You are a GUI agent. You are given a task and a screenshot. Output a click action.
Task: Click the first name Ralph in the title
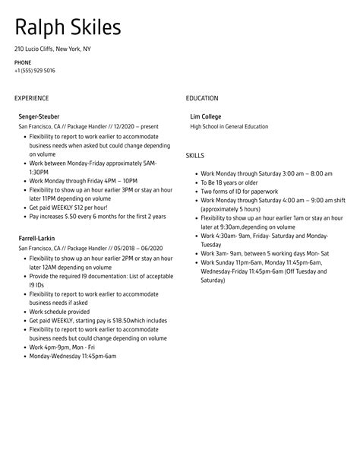pyautogui.click(x=40, y=30)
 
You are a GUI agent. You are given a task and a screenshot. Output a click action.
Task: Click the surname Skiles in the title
pyautogui.click(x=94, y=30)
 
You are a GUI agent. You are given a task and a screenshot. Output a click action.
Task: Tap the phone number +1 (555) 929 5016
pyautogui.click(x=34, y=71)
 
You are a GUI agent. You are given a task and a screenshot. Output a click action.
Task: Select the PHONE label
pyautogui.click(x=23, y=62)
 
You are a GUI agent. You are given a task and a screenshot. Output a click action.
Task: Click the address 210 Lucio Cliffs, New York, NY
pyautogui.click(x=52, y=48)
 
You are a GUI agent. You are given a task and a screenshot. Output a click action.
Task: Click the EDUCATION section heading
pyautogui.click(x=202, y=98)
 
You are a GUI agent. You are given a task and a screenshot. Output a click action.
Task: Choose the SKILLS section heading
pyautogui.click(x=195, y=156)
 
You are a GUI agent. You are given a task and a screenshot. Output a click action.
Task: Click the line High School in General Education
pyautogui.click(x=229, y=126)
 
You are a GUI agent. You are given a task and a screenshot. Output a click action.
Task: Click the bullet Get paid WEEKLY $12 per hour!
pyautogui.click(x=68, y=208)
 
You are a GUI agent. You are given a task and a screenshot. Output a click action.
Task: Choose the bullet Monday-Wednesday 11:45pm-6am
pyautogui.click(x=72, y=355)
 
